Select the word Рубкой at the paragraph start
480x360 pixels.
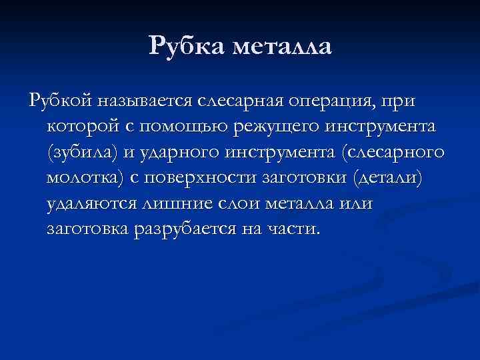(x=59, y=102)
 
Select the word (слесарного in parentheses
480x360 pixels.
(x=390, y=153)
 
